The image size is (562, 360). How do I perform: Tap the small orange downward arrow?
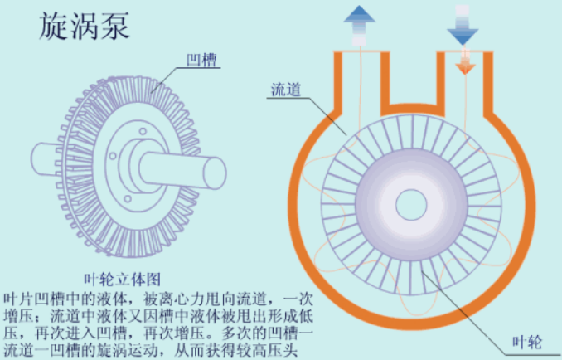(x=464, y=63)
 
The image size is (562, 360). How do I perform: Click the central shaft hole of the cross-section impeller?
(x=410, y=203)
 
